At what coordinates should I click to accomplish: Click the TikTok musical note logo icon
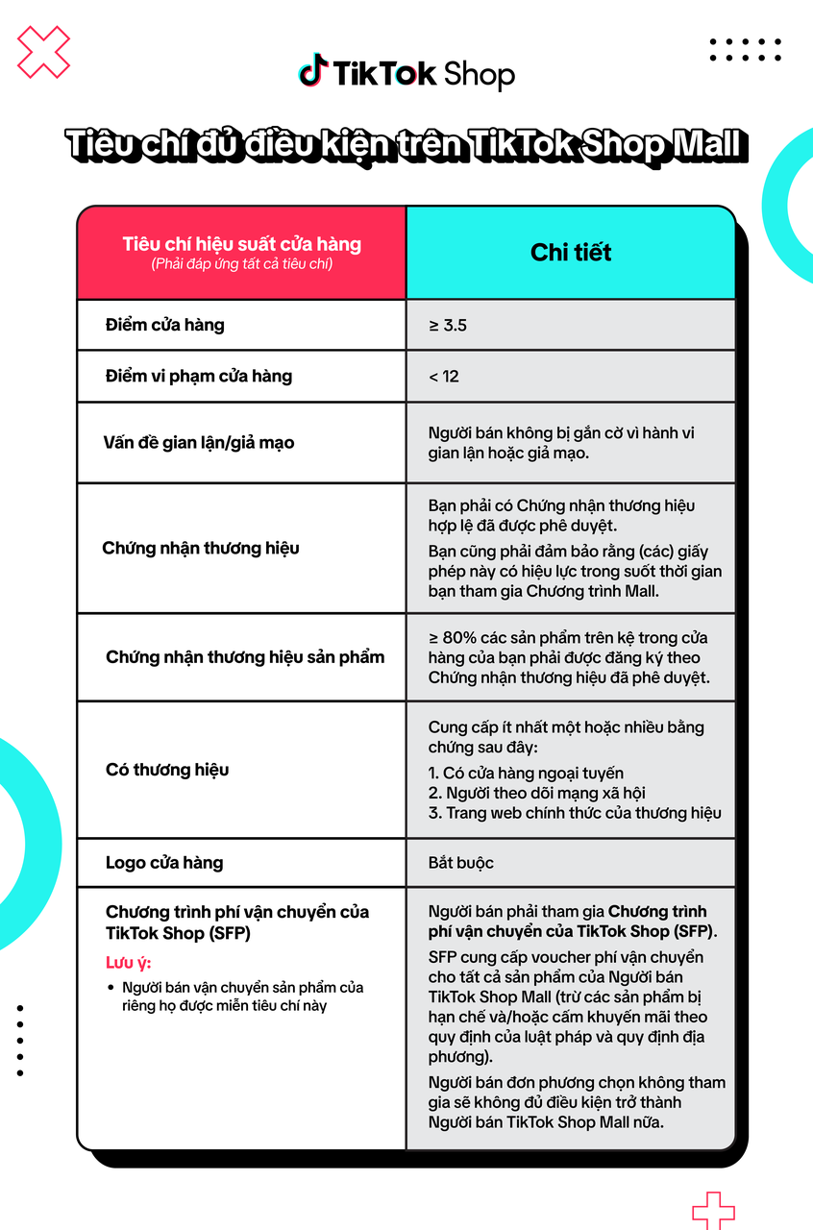(311, 71)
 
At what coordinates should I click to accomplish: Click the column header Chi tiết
(571, 253)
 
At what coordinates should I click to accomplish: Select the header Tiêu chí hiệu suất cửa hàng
(241, 244)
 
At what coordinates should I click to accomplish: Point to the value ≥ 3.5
(448, 326)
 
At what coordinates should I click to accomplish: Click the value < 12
(444, 377)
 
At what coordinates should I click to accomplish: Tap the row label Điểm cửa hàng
(164, 325)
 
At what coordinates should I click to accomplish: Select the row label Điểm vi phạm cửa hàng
(198, 377)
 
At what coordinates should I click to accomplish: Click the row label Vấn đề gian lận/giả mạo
(198, 443)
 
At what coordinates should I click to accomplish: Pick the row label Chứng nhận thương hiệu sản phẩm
(245, 657)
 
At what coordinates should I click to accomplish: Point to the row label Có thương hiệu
(167, 770)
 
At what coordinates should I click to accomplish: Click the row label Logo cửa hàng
(163, 862)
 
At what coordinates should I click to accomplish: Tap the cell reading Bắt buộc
(461, 862)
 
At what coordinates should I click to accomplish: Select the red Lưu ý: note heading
(129, 963)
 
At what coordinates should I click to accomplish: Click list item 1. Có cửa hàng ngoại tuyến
(526, 773)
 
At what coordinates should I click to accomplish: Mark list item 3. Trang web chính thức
(575, 813)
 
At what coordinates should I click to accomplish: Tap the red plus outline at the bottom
(713, 1210)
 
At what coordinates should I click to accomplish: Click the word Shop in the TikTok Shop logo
(479, 74)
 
